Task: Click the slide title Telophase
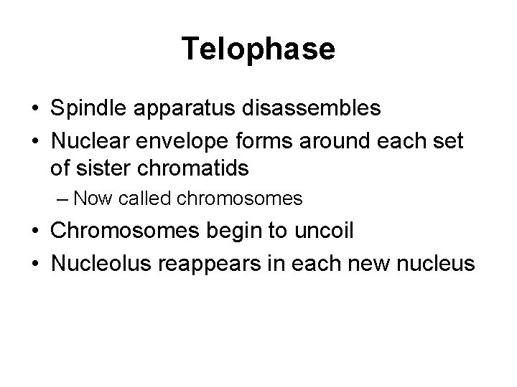pos(258,49)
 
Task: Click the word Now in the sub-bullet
pos(90,198)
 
